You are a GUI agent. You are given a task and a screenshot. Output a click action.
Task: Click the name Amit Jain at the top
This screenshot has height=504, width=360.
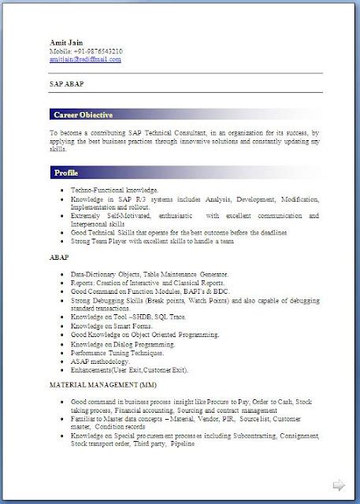(65, 43)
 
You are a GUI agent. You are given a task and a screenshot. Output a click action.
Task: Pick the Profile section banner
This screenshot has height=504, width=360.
(67, 172)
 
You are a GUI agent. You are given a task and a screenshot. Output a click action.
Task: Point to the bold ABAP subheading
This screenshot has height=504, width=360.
(59, 257)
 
